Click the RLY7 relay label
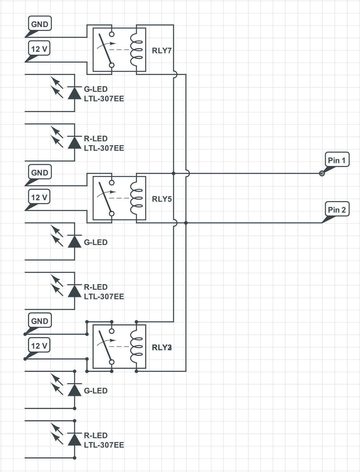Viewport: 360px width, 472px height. pyautogui.click(x=161, y=50)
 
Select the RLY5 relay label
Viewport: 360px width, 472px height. pyautogui.click(x=161, y=199)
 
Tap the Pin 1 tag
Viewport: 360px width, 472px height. pyautogui.click(x=337, y=160)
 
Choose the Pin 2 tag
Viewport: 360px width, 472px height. pyautogui.click(x=337, y=210)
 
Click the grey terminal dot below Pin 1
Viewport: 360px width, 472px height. pyautogui.click(x=322, y=173)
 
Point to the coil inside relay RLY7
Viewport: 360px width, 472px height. pyautogui.click(x=137, y=50)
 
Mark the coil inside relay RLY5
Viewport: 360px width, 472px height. pyautogui.click(x=137, y=198)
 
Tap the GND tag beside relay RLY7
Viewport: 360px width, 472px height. pyautogui.click(x=40, y=24)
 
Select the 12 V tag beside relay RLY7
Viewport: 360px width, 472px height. pyautogui.click(x=39, y=49)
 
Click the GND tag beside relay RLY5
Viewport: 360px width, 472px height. pyautogui.click(x=40, y=173)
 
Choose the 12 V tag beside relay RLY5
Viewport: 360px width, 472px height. pyautogui.click(x=39, y=197)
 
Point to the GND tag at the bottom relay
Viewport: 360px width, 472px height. pyautogui.click(x=40, y=321)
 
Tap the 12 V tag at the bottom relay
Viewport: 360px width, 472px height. pyautogui.click(x=39, y=346)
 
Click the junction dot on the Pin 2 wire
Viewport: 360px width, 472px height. pyautogui.click(x=186, y=223)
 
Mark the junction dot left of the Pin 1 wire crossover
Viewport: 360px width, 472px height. pyautogui.click(x=173, y=173)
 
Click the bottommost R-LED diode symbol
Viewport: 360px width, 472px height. pyautogui.click(x=75, y=439)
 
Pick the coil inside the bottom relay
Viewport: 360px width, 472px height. pyautogui.click(x=137, y=347)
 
